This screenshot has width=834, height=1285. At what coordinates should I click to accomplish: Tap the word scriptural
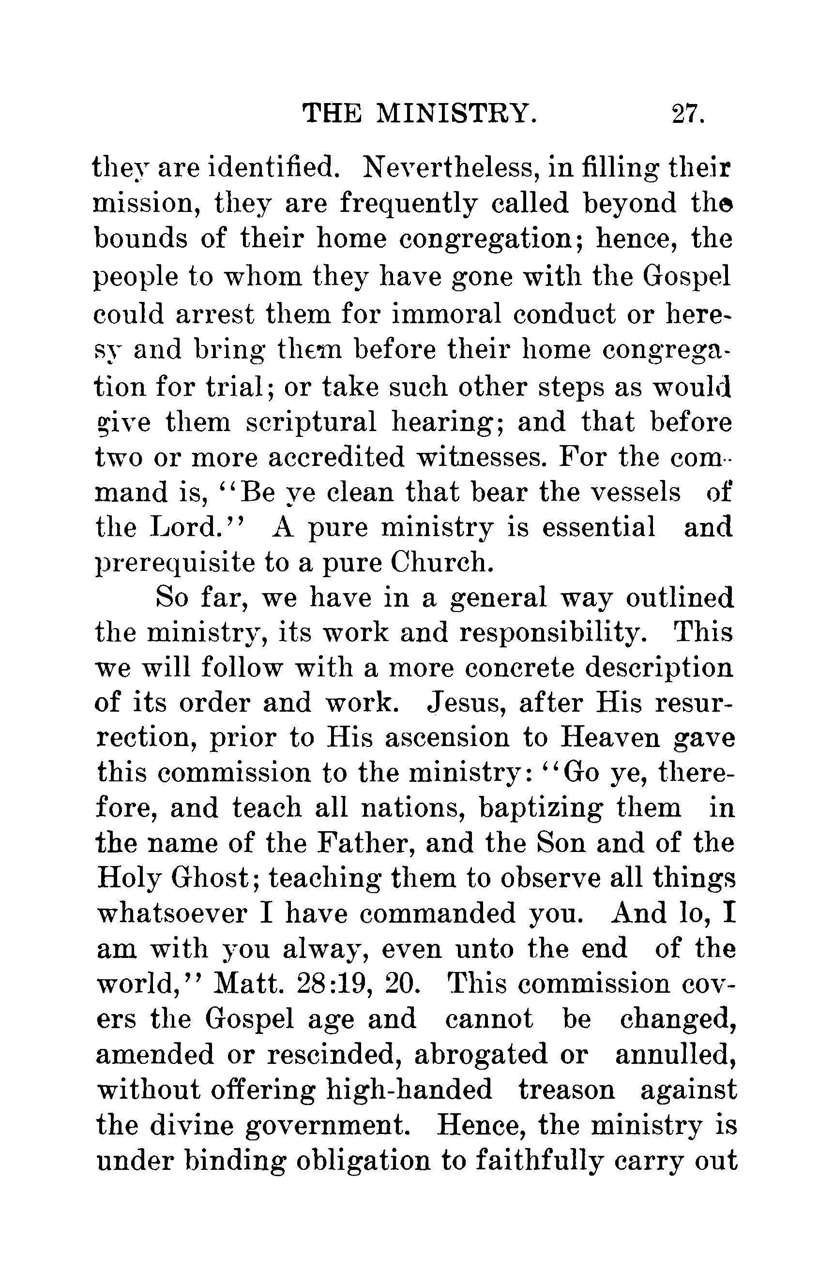pyautogui.click(x=311, y=423)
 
